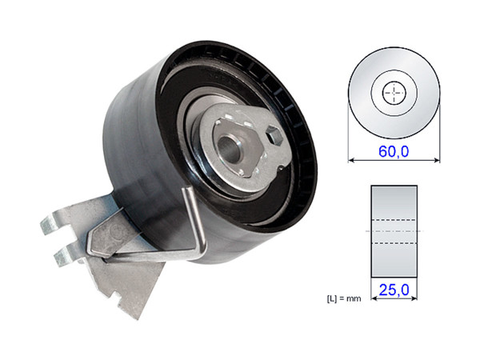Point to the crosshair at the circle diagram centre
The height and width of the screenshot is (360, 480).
(x=394, y=93)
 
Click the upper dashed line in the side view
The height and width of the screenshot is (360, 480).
(x=394, y=220)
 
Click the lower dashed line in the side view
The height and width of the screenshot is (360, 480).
(x=394, y=242)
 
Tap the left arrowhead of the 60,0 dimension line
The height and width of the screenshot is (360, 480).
(x=351, y=160)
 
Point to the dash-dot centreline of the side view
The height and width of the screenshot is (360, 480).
(x=394, y=231)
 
